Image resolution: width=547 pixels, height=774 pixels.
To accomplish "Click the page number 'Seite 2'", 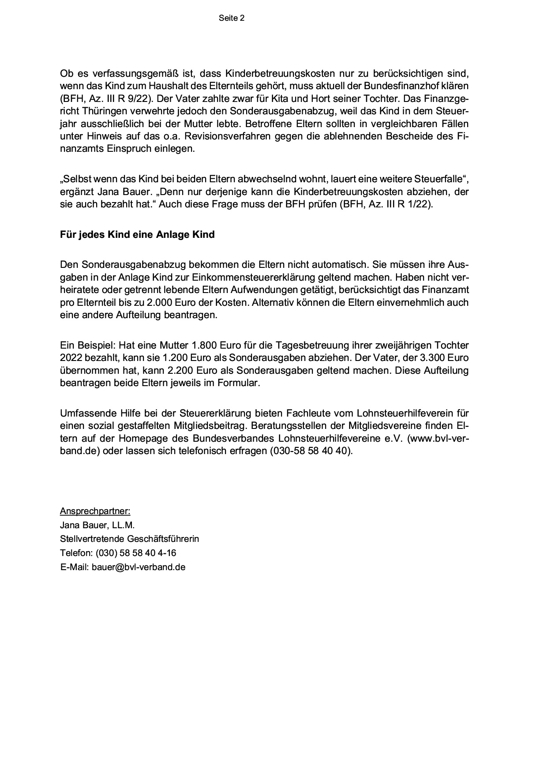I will [231, 18].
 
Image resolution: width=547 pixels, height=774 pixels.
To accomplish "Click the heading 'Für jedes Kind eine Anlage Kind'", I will [137, 234].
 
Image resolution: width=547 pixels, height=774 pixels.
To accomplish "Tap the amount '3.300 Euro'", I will [444, 357].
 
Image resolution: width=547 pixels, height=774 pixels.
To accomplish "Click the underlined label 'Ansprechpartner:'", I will [95, 511].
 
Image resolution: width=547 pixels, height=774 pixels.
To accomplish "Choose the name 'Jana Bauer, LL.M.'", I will [97, 525].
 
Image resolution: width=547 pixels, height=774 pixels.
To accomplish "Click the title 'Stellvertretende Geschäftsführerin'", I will [129, 539].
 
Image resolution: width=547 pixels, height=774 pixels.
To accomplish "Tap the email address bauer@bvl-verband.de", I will [138, 567].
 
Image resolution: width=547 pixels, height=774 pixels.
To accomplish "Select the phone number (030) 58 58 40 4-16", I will [135, 553].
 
